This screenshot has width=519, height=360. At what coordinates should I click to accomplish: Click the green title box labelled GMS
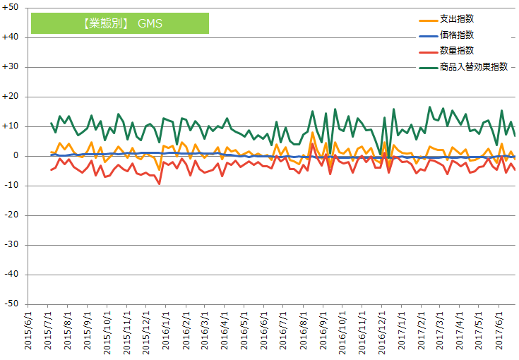coord(119,23)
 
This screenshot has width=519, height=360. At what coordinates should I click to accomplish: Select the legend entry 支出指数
coord(456,18)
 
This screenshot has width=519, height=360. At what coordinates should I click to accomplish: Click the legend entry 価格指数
coord(456,35)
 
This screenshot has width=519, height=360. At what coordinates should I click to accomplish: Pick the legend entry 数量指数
coord(456,51)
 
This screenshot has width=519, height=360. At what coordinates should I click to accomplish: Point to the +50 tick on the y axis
coord(11,8)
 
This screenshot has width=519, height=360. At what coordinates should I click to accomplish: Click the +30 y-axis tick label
coord(11,67)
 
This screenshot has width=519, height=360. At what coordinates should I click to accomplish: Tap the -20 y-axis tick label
coord(13,215)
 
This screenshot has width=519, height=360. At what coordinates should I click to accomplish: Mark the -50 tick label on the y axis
coord(13,304)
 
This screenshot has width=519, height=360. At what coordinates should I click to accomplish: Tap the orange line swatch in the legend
coord(426,19)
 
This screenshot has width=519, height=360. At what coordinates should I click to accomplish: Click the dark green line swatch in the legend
coord(426,68)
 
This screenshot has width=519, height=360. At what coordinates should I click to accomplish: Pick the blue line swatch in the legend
coord(426,35)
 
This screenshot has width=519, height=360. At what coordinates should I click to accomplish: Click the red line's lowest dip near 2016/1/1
coord(159,184)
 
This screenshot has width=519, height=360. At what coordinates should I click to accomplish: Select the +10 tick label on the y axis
coord(11,126)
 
